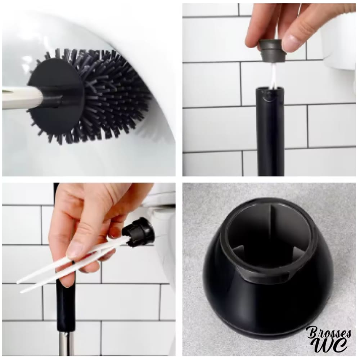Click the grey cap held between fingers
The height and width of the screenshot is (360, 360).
pyautogui.click(x=271, y=50)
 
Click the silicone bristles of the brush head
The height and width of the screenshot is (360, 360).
pyautogui.click(x=108, y=96)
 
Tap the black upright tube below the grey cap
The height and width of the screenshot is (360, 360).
pyautogui.click(x=270, y=131)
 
